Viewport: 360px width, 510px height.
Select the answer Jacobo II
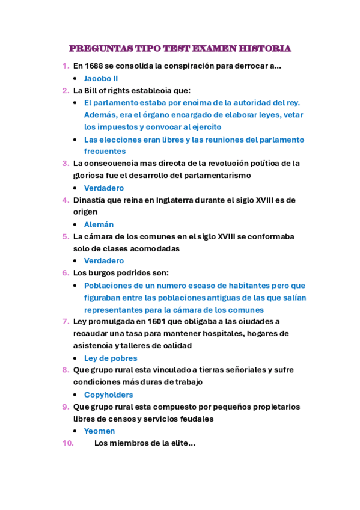[x=100, y=78]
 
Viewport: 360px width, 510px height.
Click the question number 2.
[x=65, y=90]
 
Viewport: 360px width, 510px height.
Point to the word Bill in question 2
[x=96, y=90]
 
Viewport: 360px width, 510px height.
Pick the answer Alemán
[x=99, y=224]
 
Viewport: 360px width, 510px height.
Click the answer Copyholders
[x=108, y=395]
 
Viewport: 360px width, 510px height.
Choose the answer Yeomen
[x=99, y=431]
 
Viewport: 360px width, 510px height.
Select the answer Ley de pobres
[x=111, y=358]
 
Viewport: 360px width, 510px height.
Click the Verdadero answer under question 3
[x=104, y=188]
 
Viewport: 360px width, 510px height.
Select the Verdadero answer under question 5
[x=104, y=261]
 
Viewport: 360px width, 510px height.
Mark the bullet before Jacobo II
[x=74, y=79]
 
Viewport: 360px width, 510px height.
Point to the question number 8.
[x=65, y=370]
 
